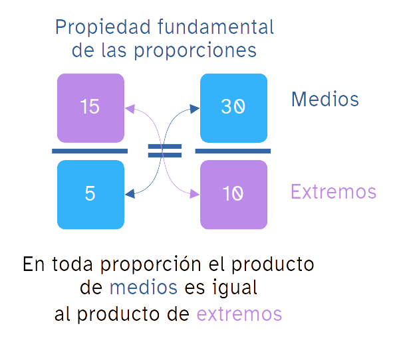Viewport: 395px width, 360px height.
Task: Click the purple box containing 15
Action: [x=90, y=108]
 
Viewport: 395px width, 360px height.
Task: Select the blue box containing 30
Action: [x=233, y=108]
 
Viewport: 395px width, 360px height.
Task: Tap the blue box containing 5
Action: [x=90, y=195]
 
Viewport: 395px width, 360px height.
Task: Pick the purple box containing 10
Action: [x=233, y=195]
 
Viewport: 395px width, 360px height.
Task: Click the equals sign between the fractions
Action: [x=164, y=151]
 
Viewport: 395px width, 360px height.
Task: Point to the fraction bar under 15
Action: [x=90, y=151]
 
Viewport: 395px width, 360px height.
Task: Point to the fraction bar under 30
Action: [x=233, y=151]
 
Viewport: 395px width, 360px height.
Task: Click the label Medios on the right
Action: [x=325, y=100]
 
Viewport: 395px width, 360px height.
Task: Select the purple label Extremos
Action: [x=333, y=192]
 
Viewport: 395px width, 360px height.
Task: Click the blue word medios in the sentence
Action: [x=143, y=288]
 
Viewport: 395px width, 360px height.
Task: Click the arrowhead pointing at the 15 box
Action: [x=130, y=107]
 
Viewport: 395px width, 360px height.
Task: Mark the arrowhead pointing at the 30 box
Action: [x=195, y=108]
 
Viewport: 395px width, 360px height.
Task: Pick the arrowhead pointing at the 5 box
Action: [x=130, y=194]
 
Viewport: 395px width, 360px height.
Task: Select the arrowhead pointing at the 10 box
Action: [x=195, y=194]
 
